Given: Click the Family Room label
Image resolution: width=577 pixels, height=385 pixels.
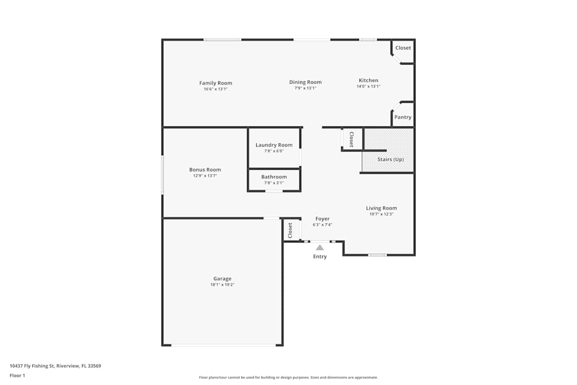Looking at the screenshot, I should (x=216, y=83).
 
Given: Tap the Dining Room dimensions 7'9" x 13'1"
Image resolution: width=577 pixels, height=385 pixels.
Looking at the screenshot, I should (x=305, y=88).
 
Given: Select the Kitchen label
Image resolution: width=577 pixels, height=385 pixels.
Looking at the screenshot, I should (x=369, y=81).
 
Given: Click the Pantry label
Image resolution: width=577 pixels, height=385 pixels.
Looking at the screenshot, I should (x=403, y=117).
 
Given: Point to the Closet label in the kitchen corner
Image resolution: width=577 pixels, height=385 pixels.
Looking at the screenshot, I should (x=403, y=48).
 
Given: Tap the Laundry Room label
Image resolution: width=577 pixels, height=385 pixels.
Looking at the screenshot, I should (x=274, y=145).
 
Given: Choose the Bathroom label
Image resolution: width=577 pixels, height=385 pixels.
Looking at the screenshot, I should (x=274, y=177).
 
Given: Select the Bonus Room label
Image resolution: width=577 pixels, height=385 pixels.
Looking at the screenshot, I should (x=205, y=170).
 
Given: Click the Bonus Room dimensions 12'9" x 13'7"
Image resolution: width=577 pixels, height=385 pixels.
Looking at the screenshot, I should (x=205, y=175).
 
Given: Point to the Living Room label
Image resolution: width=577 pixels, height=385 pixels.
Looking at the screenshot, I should (x=381, y=208).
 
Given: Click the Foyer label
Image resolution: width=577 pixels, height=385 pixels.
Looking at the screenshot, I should (x=323, y=219).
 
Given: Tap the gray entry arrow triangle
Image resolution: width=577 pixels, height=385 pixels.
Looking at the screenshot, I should (x=320, y=247).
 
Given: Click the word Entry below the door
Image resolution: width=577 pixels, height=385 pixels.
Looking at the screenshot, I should (x=320, y=257).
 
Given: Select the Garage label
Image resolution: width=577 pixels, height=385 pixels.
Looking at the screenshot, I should (x=222, y=279).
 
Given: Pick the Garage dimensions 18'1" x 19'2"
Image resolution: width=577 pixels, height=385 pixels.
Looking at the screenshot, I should (x=222, y=285).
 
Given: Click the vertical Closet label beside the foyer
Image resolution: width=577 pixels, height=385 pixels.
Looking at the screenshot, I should (x=290, y=230).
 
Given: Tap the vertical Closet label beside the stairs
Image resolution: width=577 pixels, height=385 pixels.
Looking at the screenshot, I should (x=351, y=139).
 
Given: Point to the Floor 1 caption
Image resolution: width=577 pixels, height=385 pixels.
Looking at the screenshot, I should (x=17, y=375).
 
